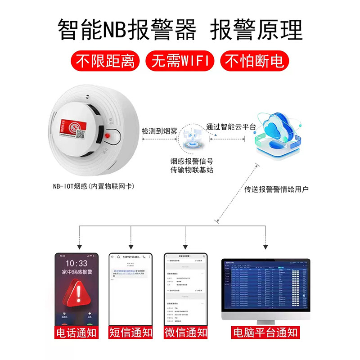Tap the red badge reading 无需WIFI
tap(180, 61)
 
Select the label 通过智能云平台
tap(231, 127)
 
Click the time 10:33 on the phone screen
tap(76, 263)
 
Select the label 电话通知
tap(76, 333)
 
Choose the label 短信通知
tap(131, 333)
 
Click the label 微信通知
tap(185, 333)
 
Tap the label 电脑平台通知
tap(265, 333)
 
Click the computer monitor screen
tap(265, 288)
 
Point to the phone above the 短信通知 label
tap(131, 288)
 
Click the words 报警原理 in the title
tap(257, 31)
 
